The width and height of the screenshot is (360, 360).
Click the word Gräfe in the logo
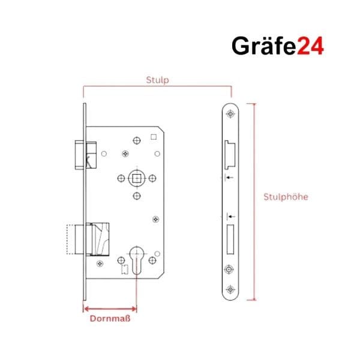pos(263,47)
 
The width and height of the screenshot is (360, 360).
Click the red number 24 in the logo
pos(310,47)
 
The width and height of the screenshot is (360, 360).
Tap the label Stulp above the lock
pos(157,79)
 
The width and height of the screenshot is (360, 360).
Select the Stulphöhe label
pos(286,197)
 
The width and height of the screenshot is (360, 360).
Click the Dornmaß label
pos(110,319)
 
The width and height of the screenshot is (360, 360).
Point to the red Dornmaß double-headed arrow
pos(110,309)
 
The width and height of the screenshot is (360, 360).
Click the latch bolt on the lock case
pos(83,153)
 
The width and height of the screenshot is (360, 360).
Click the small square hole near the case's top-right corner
pos(154,137)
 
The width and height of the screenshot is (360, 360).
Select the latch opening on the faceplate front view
pos(230,152)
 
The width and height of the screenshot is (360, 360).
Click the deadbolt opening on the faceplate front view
pos(230,238)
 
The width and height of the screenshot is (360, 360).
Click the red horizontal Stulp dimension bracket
pos(157,87)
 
